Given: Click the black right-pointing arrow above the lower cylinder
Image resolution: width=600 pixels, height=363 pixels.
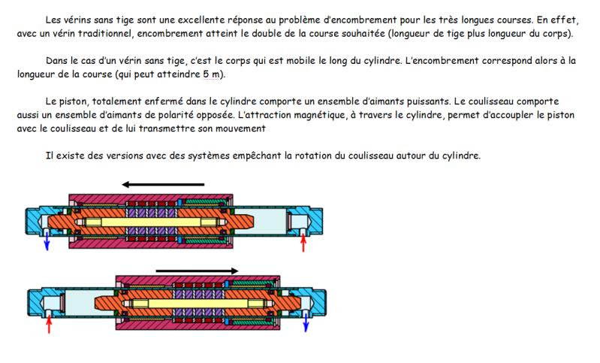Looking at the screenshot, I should tap(197, 271).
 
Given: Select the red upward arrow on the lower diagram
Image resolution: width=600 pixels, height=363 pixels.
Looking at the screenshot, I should tap(50, 323).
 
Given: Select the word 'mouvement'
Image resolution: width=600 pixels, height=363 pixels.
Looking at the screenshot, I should tap(238, 129).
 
